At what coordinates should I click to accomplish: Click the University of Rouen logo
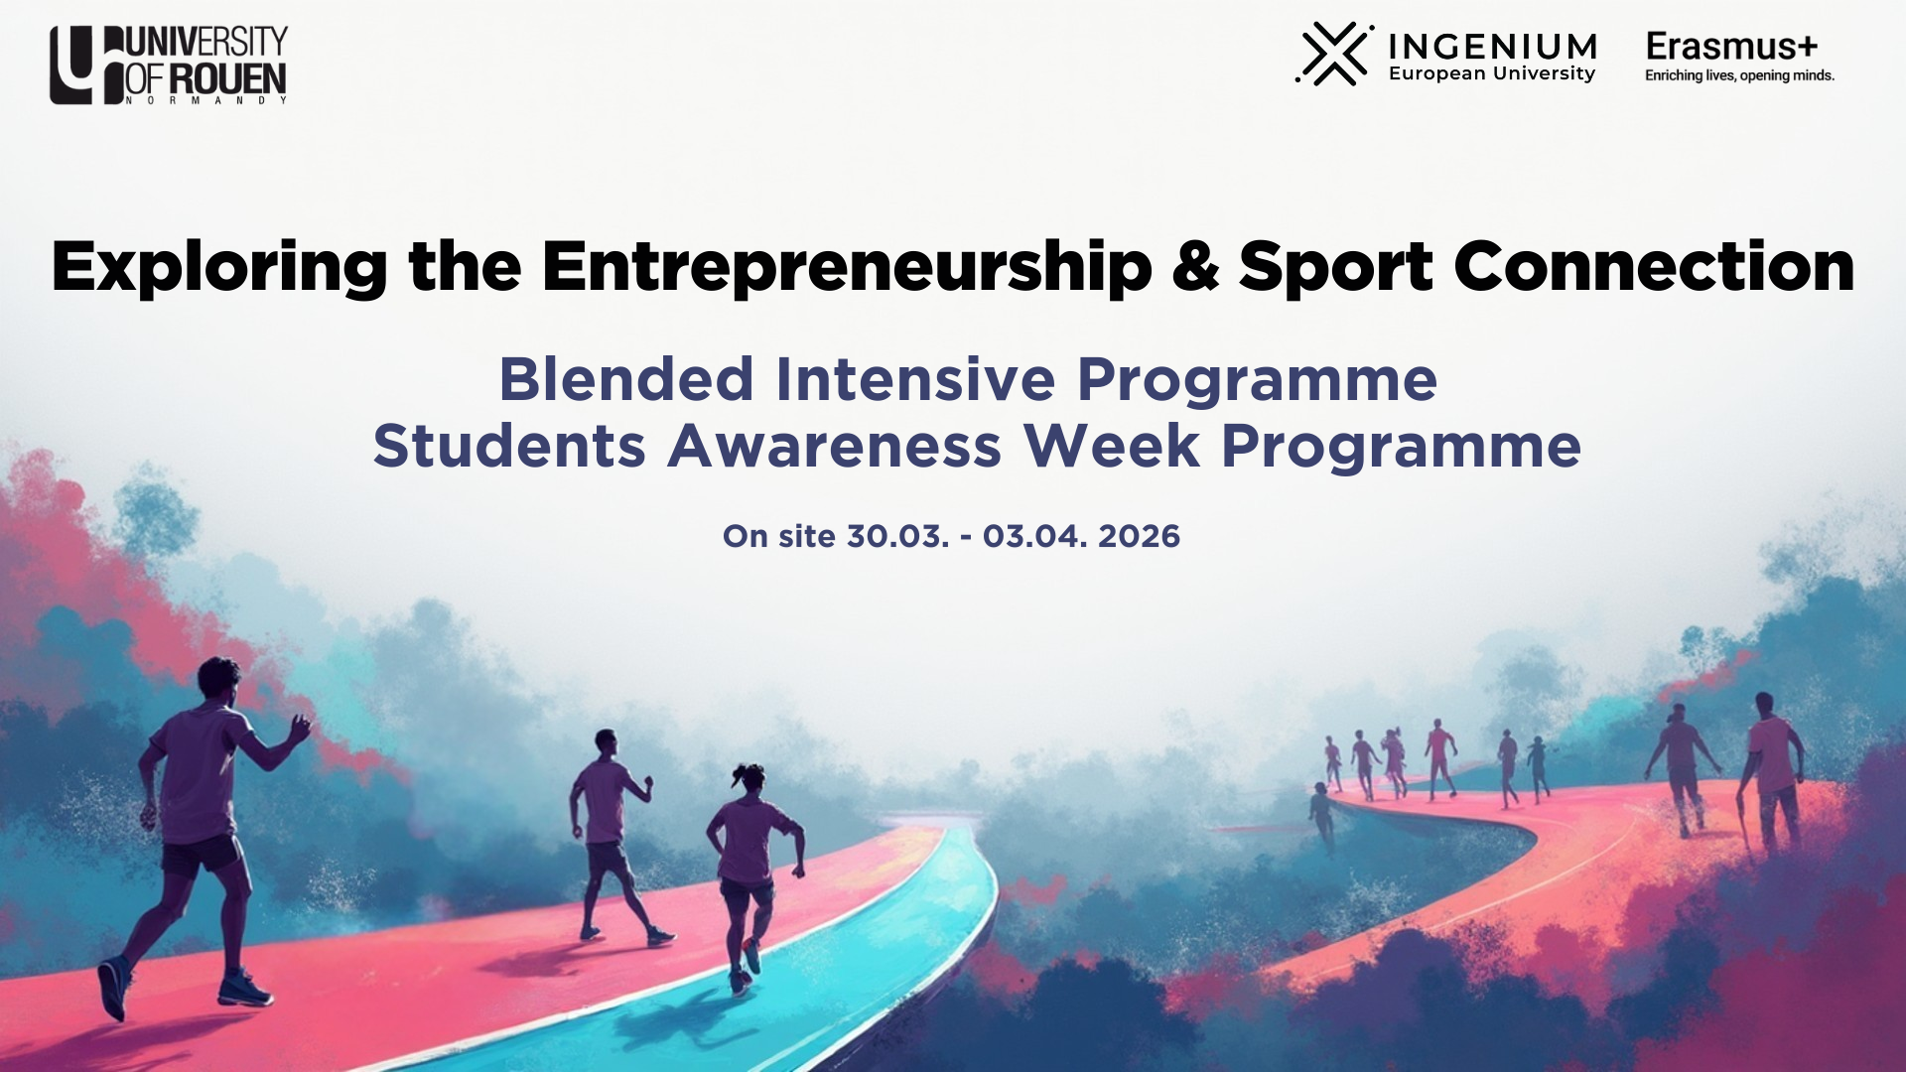(x=169, y=65)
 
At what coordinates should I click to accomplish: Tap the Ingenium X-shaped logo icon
(x=1334, y=54)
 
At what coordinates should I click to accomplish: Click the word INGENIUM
(x=1493, y=47)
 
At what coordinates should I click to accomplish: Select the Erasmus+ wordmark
(x=1731, y=46)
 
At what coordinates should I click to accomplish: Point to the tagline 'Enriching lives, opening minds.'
(x=1739, y=75)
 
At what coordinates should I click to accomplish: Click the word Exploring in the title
(x=219, y=268)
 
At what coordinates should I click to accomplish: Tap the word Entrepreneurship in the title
(x=847, y=268)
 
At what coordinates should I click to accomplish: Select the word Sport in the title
(x=1335, y=268)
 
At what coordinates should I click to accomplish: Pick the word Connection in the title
(x=1654, y=267)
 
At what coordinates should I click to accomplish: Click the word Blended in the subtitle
(x=626, y=379)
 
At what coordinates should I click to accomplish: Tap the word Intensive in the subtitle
(x=915, y=379)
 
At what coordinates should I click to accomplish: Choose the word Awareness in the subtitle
(x=834, y=446)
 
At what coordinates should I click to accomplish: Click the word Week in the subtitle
(x=1112, y=446)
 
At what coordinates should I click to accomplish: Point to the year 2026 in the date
(x=1139, y=536)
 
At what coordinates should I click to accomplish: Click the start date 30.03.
(x=897, y=536)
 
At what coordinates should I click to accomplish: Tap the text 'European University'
(x=1492, y=73)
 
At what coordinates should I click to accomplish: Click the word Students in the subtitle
(x=509, y=446)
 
